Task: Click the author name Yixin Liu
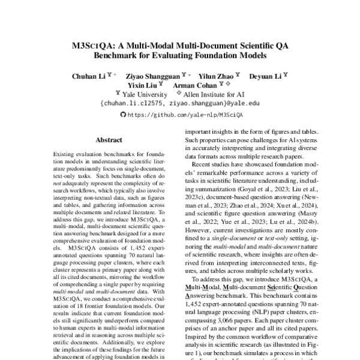(137, 86)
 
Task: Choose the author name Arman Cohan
(195, 86)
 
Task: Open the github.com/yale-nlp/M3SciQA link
(185, 113)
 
